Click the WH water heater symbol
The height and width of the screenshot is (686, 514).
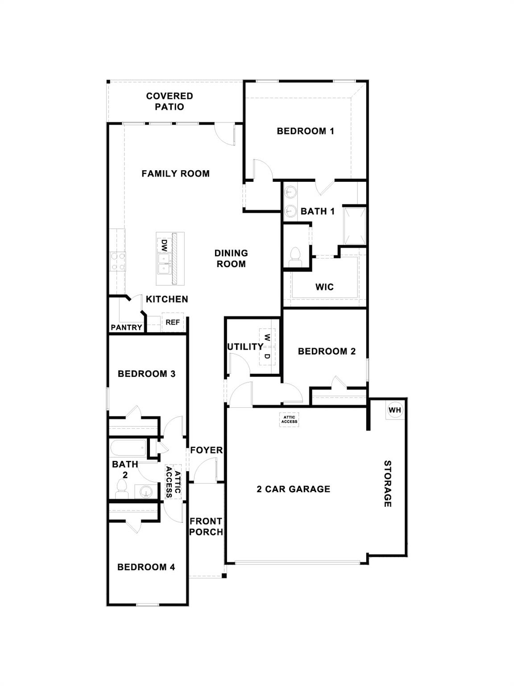tap(395, 410)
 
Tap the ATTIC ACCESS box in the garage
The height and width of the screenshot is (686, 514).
tap(289, 419)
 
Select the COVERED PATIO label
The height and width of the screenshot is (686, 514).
tap(170, 101)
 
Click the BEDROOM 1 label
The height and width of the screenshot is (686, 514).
tap(305, 131)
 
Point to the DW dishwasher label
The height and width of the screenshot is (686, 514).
tap(164, 245)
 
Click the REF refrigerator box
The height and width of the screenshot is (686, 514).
tap(173, 322)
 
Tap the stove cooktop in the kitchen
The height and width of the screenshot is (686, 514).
tap(118, 261)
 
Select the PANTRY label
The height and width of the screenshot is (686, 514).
tap(126, 327)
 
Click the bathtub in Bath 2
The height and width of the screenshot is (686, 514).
tap(128, 447)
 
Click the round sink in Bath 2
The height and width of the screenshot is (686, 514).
tap(146, 492)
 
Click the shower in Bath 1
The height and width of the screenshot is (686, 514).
tap(354, 225)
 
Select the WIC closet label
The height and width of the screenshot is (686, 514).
tap(324, 287)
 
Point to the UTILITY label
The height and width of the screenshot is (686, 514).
tap(245, 347)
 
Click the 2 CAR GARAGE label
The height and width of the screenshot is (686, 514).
tap(294, 489)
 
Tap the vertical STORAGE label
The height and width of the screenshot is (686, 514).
tap(387, 484)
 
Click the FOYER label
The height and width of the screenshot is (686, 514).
tap(206, 450)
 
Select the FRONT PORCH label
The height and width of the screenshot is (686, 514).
tap(206, 527)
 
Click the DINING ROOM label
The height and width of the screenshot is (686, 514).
tap(231, 259)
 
